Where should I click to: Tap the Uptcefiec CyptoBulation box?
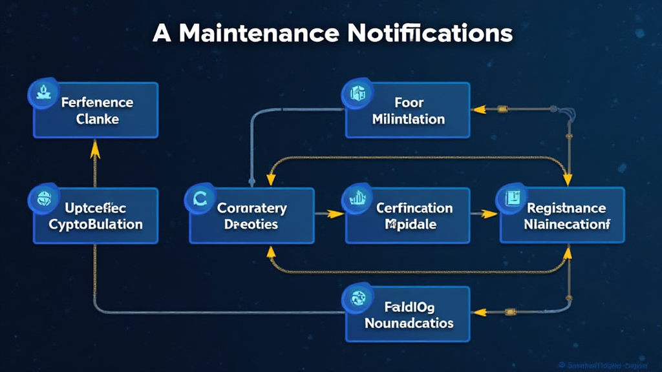[96, 216]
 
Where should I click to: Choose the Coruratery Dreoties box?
[251, 216]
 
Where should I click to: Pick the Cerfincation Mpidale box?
[407, 216]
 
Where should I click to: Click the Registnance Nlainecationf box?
[562, 216]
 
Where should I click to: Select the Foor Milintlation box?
[407, 110]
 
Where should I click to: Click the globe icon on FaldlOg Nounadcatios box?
[356, 298]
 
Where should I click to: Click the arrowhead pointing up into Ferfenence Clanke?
[95, 149]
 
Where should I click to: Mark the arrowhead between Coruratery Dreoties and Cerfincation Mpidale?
[335, 212]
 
